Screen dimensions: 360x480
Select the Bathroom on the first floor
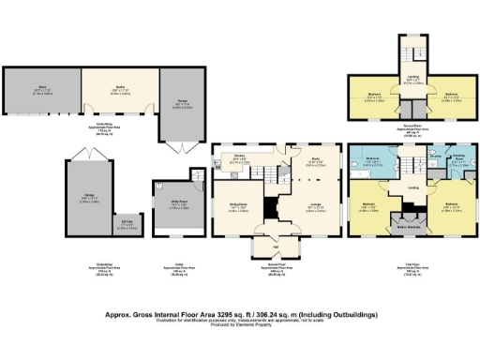[x=371, y=160]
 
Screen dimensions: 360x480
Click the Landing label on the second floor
[x=413, y=81]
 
